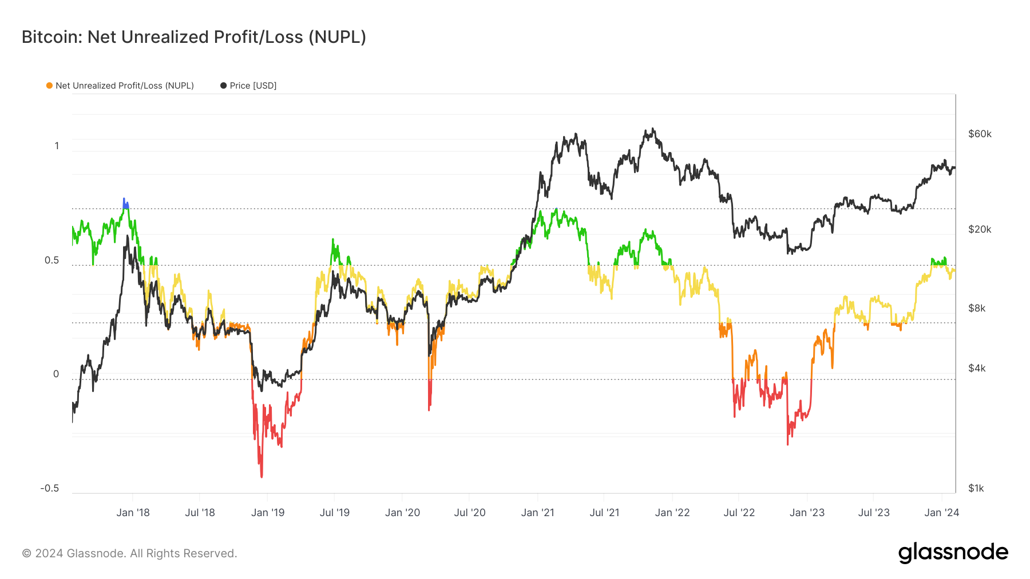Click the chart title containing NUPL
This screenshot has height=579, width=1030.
pyautogui.click(x=193, y=37)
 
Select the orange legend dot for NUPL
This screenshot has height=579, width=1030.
pyautogui.click(x=49, y=86)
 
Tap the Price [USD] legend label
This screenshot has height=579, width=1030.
pyautogui.click(x=253, y=86)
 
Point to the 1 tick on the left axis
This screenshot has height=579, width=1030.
pyautogui.click(x=57, y=146)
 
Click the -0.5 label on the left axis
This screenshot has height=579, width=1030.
pyautogui.click(x=50, y=488)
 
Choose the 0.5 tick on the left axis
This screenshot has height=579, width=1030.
pyautogui.click(x=52, y=260)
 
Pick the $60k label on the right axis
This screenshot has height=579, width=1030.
pyautogui.click(x=980, y=134)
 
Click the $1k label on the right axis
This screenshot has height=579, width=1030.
pyautogui.click(x=976, y=488)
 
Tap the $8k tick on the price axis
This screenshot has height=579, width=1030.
pyautogui.click(x=977, y=308)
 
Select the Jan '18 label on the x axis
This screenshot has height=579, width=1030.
pyautogui.click(x=133, y=513)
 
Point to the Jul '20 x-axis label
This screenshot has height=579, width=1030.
pyautogui.click(x=470, y=513)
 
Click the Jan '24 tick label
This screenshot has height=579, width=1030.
pyautogui.click(x=941, y=513)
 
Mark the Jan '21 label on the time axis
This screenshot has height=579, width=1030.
pyautogui.click(x=537, y=513)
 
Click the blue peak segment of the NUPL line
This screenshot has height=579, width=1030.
pyautogui.click(x=125, y=203)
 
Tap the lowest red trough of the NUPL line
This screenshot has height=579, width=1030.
pyautogui.click(x=262, y=476)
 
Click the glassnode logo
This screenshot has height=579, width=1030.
pyautogui.click(x=953, y=553)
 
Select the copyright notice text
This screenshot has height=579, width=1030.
pyautogui.click(x=129, y=553)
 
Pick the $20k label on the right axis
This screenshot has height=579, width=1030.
pyautogui.click(x=980, y=229)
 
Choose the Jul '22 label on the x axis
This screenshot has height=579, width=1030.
pyautogui.click(x=739, y=513)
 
